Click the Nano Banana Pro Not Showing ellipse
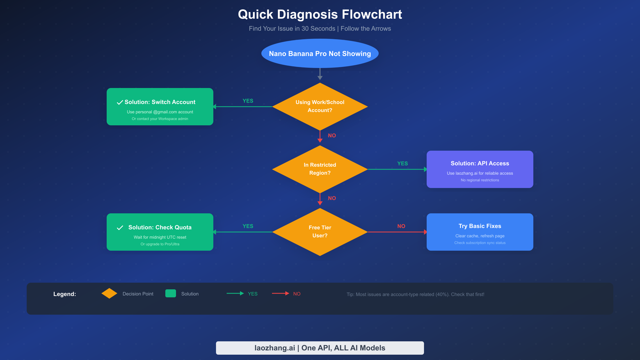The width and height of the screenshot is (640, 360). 320,53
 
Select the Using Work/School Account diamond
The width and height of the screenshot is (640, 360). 320,106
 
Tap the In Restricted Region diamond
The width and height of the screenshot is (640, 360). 320,169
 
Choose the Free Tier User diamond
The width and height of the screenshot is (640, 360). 320,232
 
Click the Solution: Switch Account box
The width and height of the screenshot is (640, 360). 160,107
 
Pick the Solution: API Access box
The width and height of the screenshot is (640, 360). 480,169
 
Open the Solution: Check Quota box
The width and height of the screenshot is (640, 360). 160,232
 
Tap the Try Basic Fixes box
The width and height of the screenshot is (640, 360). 480,232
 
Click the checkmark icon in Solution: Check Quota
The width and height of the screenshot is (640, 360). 120,228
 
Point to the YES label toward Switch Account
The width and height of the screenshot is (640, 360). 248,101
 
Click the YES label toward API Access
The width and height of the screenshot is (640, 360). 402,163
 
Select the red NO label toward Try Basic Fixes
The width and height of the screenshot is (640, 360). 401,226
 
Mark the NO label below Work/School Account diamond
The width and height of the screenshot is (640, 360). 332,135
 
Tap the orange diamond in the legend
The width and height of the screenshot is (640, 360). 109,293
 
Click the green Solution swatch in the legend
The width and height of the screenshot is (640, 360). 171,293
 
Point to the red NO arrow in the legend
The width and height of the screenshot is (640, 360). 281,293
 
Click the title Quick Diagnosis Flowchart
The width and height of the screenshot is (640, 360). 320,14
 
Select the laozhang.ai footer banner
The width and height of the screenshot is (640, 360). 320,348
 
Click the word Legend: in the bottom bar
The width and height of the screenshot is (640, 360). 65,294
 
